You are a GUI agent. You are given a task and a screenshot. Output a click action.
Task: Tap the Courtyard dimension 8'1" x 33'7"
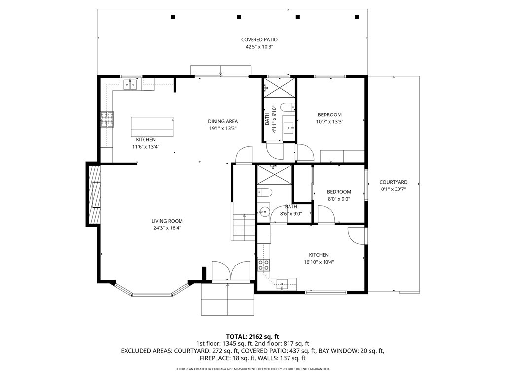click(x=394, y=189)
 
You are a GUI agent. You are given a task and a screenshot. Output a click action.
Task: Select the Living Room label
click(x=167, y=221)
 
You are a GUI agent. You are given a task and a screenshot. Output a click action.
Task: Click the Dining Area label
click(x=222, y=121)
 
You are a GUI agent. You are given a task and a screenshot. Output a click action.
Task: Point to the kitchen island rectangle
click(x=152, y=126)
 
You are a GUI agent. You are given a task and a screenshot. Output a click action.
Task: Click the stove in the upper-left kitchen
click(x=108, y=118)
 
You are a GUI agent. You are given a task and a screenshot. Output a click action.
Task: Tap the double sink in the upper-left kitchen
click(x=131, y=85)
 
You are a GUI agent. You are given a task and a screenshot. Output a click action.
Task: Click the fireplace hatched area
click(x=94, y=194)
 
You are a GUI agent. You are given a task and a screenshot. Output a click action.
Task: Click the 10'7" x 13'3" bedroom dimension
click(x=329, y=122)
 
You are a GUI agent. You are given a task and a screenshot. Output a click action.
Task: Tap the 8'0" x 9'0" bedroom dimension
click(x=339, y=199)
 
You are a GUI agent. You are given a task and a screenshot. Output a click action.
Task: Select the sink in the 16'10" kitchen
click(x=283, y=283)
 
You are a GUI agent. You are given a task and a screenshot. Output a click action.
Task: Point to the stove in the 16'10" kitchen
click(x=264, y=265)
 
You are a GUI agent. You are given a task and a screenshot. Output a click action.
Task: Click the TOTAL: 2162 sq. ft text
click(x=252, y=336)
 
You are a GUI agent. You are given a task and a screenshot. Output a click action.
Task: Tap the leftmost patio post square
click(x=173, y=17)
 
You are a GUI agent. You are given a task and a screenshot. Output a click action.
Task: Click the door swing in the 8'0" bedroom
click(x=325, y=214)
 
